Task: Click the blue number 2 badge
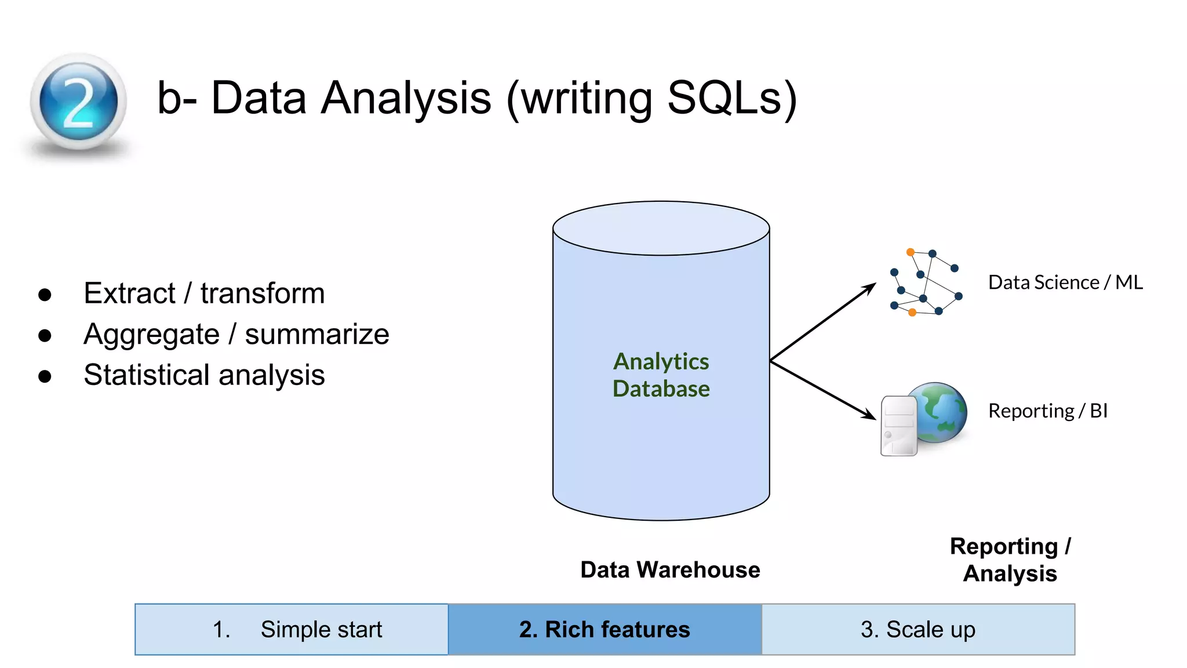coord(78,101)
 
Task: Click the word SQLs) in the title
coord(731,99)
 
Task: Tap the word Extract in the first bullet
coord(129,293)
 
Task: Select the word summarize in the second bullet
coord(316,335)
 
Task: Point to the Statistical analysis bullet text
coord(204,375)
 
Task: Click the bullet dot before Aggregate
coord(45,336)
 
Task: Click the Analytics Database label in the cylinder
coord(661,375)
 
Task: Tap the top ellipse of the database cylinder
coord(661,228)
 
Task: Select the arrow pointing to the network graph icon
coord(823,322)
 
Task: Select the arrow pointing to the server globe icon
coord(823,390)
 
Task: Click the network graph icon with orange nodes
coord(926,283)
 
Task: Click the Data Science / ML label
coord(1065,283)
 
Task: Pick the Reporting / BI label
coord(1047,411)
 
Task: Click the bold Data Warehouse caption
coord(670,570)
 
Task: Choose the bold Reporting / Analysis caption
coord(1010,560)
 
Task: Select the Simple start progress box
coord(292,630)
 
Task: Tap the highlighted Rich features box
coord(605,630)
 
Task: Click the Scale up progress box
coord(918,630)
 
